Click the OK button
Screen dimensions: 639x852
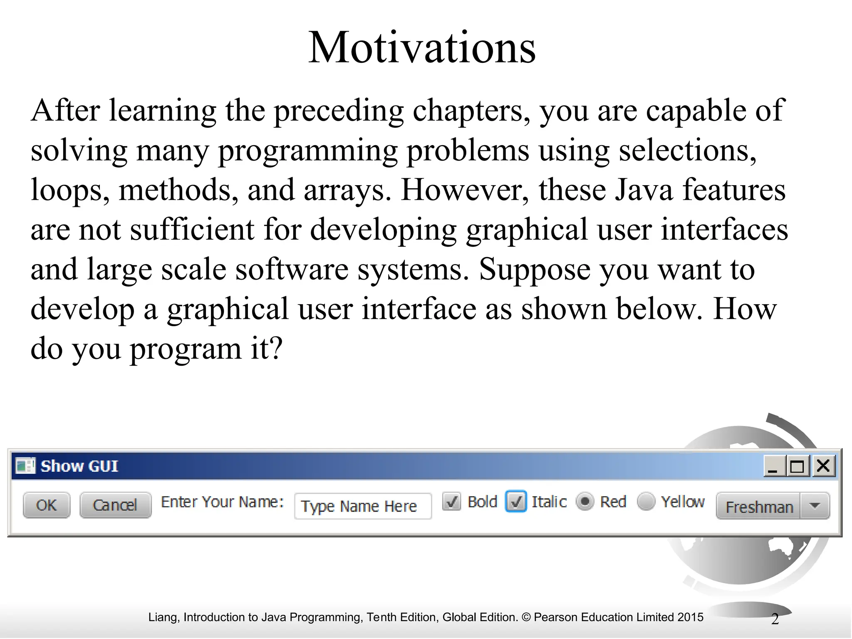tap(46, 505)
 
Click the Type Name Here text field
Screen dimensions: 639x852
tap(362, 506)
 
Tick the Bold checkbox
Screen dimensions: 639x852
tap(451, 502)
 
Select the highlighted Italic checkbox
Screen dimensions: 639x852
tap(516, 502)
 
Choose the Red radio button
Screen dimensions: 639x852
tap(585, 502)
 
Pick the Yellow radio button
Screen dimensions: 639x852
tap(646, 502)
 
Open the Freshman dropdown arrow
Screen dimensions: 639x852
tap(815, 506)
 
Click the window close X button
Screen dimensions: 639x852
tap(823, 466)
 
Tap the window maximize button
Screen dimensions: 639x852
tap(797, 466)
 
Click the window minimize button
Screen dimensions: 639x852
tap(773, 466)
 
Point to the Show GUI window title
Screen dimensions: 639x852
tap(79, 466)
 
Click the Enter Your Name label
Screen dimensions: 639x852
tap(222, 502)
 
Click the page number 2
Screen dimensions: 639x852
tap(775, 619)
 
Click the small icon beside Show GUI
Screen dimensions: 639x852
tap(25, 466)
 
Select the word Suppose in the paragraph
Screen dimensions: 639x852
tap(534, 269)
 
